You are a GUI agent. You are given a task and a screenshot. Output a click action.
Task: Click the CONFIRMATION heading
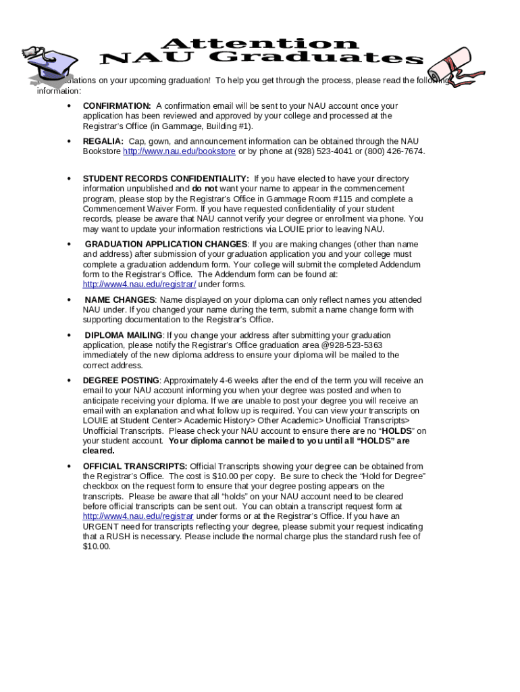117,106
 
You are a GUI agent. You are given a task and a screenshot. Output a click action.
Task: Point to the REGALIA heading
103,141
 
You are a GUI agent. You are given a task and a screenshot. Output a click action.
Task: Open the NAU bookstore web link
179,151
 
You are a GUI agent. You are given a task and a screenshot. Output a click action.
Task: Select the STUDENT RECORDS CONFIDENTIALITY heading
165,179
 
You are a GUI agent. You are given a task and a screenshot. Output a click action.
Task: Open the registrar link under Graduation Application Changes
139,285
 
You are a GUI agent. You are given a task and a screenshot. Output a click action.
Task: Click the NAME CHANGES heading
120,300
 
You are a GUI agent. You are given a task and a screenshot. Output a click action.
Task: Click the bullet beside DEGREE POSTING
69,381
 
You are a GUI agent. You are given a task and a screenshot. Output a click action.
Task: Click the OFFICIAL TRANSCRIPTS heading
135,466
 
